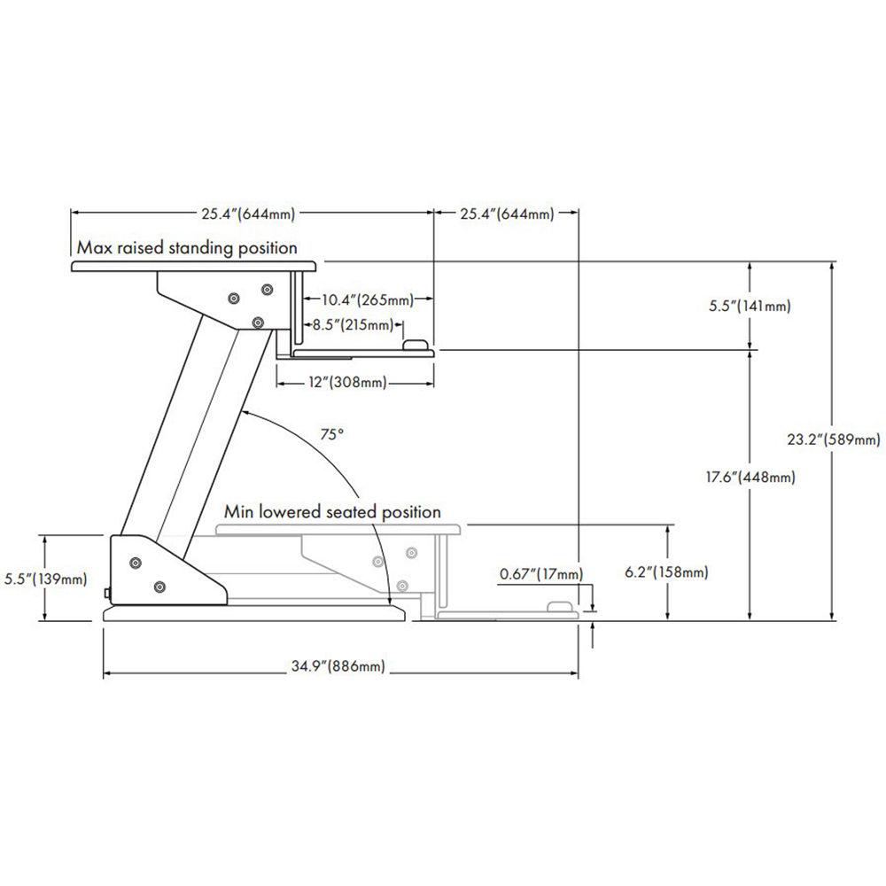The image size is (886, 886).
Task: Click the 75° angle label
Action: tap(331, 435)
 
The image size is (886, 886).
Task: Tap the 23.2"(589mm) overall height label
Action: tap(834, 439)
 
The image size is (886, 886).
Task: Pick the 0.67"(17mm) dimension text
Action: tap(541, 574)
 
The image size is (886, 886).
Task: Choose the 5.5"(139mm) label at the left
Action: tap(43, 579)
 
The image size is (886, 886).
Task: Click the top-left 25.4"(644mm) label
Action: tap(247, 214)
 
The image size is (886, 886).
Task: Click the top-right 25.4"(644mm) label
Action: tap(506, 214)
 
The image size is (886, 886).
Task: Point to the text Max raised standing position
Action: tap(186, 247)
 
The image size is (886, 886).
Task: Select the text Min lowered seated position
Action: tap(332, 512)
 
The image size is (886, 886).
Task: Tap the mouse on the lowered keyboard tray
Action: tap(560, 608)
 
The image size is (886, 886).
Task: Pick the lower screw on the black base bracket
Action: tap(159, 586)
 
